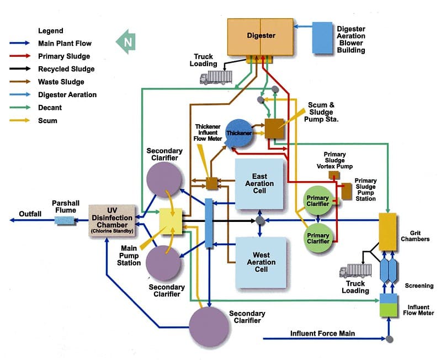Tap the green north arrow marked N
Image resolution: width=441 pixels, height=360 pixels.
126,42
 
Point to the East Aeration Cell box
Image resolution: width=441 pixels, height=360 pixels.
259,184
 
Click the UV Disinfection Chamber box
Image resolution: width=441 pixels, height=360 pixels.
112,220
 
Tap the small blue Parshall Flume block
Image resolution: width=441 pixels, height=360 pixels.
65,220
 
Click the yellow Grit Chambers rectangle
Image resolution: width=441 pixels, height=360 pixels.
387,231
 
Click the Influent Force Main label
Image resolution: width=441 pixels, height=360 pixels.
322,333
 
